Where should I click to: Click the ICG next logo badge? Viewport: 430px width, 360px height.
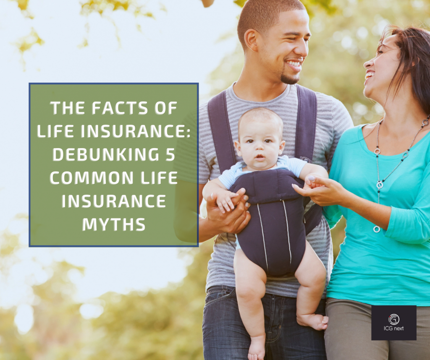pyautogui.click(x=393, y=322)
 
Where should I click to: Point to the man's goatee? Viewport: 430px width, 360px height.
pyautogui.click(x=289, y=78)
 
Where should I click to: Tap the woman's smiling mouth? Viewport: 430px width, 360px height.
pyautogui.click(x=370, y=76)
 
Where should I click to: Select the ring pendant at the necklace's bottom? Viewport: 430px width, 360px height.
pyautogui.click(x=377, y=229)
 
